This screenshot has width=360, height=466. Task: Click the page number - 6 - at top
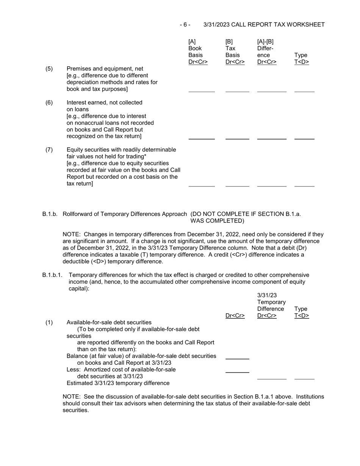point(185,25)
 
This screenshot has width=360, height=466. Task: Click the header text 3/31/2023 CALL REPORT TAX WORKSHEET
point(264,25)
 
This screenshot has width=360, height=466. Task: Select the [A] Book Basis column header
point(198,52)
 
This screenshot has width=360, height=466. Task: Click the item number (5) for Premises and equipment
point(49,69)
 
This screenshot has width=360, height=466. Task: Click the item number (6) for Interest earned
point(49,103)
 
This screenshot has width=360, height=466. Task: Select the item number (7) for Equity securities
point(49,150)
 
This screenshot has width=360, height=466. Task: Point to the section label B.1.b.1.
point(52,275)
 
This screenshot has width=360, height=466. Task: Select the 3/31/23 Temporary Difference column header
point(271,305)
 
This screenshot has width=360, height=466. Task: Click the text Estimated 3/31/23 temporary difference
point(118,383)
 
